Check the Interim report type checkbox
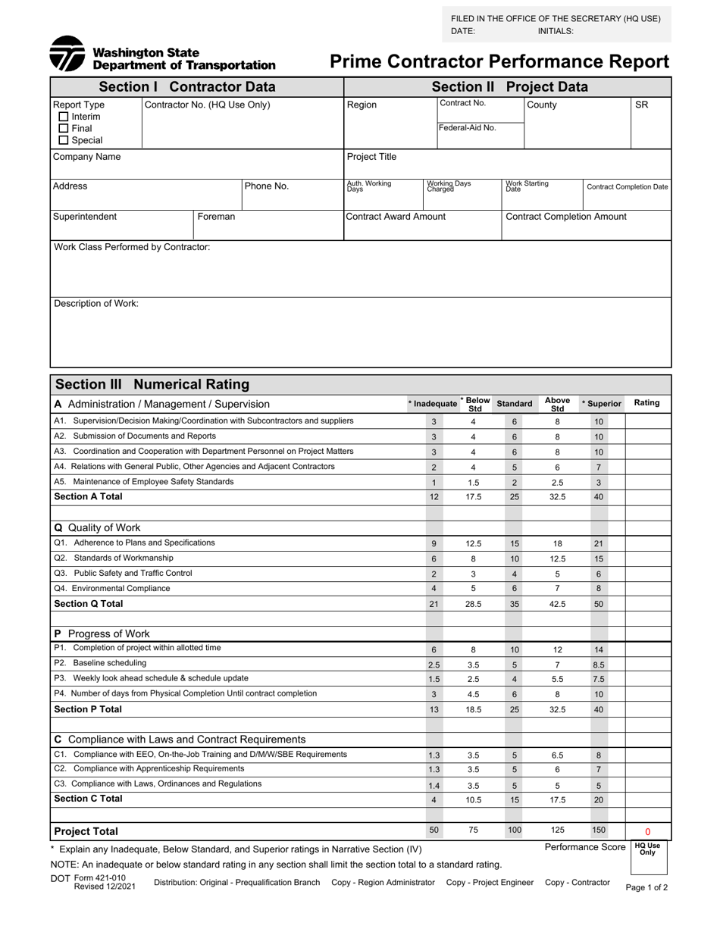tap(64, 117)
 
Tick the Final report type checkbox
tap(64, 129)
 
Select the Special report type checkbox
tap(64, 140)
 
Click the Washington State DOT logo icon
tap(67, 54)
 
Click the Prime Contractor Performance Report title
tap(499, 61)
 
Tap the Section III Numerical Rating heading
tap(152, 384)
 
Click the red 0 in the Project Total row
tap(647, 831)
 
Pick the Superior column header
tap(601, 404)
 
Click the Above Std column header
tap(557, 404)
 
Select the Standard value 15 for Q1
tap(515, 543)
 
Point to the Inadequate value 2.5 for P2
tap(434, 665)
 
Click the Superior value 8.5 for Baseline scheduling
tap(598, 665)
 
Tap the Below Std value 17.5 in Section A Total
tap(473, 497)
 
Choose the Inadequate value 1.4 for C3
tap(434, 786)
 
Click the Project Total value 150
tap(598, 830)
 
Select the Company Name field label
tap(86, 157)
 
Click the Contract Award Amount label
tap(396, 217)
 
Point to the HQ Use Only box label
tap(647, 849)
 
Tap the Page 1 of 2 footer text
tap(646, 887)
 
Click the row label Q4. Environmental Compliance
tap(111, 588)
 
